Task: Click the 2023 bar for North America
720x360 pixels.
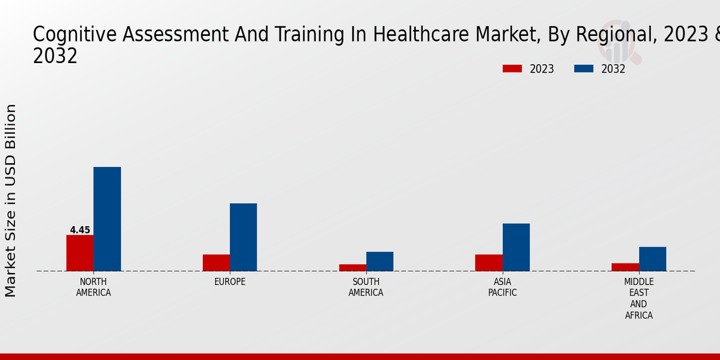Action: pos(80,253)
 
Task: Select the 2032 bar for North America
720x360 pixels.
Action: pos(107,219)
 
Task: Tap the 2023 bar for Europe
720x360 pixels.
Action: pos(216,263)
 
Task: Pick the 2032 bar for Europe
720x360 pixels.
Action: pos(243,237)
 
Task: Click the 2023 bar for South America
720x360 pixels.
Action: pos(352,268)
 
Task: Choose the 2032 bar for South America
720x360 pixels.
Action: pos(380,261)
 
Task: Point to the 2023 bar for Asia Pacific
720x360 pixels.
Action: pos(488,263)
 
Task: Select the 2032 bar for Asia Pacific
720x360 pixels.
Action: pos(516,247)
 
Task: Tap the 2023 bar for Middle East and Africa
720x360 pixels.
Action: pos(625,267)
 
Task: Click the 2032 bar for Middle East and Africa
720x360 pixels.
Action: pos(652,259)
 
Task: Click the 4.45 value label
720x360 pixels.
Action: pos(80,230)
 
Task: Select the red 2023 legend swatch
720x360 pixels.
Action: pos(512,68)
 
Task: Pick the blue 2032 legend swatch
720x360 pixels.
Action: pos(583,68)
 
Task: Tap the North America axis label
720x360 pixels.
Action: pos(94,287)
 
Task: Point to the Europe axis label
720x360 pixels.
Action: pos(230,282)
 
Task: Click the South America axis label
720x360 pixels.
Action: pos(366,287)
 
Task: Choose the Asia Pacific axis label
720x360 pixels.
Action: pos(502,287)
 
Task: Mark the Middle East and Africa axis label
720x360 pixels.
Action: pos(638,298)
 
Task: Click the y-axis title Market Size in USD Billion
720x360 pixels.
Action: pos(11,200)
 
